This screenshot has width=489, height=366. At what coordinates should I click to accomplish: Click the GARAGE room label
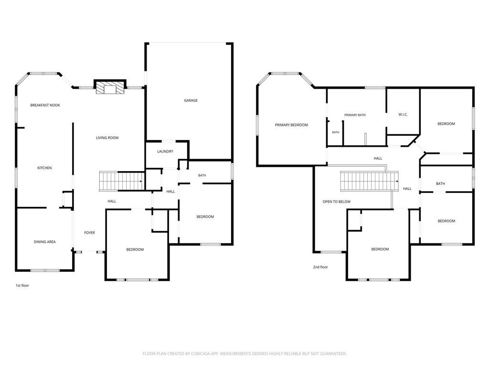pos(191,101)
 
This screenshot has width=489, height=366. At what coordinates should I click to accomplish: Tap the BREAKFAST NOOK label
pos(45,105)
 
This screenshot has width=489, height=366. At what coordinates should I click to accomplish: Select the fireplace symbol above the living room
pos(110,87)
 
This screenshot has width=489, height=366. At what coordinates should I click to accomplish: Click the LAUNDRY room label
pos(165,152)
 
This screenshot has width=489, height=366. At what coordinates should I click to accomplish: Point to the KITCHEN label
pos(44,168)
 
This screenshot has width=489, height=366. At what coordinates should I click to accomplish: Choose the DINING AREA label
pos(44,242)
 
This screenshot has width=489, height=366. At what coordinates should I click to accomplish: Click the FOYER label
pos(89,233)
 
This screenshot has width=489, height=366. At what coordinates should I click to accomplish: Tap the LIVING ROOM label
pos(107,138)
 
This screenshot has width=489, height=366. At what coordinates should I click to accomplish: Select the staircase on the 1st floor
pos(121,181)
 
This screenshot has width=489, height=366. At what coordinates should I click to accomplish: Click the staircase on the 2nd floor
pos(369,181)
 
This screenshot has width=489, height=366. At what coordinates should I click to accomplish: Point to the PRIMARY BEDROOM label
pos(291,125)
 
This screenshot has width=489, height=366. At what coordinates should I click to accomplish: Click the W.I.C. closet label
pos(403,115)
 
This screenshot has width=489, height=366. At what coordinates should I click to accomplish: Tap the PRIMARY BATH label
pos(355,115)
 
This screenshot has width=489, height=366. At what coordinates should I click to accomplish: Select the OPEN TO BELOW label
pos(337,202)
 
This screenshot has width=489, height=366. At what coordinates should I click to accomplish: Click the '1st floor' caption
pos(22,285)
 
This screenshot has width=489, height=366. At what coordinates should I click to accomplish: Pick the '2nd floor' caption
pos(320,267)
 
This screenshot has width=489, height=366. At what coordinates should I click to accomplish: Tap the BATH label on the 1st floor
pos(202,175)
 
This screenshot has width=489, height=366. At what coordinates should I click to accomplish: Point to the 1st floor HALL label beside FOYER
pos(112,202)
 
